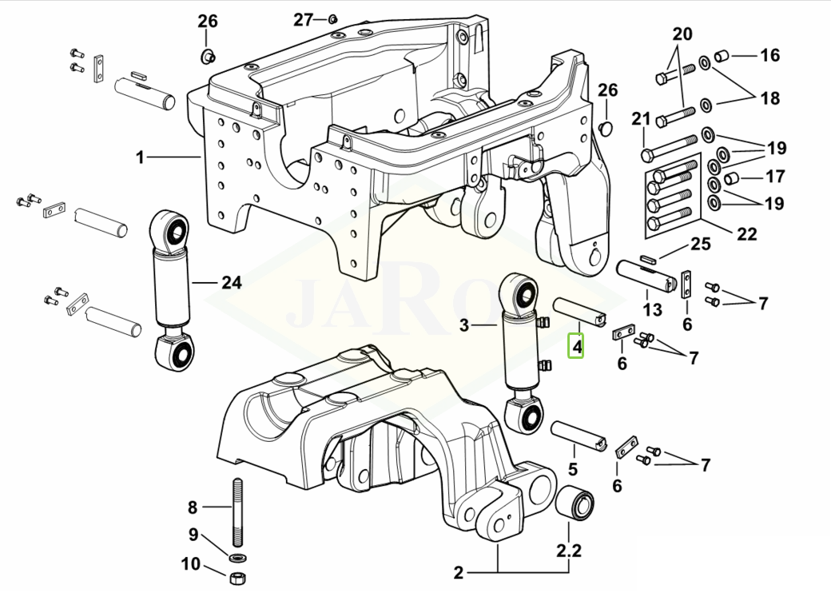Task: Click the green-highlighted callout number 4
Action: click(576, 348)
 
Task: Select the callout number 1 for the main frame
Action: click(140, 157)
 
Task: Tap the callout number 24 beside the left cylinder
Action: click(231, 282)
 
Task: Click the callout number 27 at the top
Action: click(304, 20)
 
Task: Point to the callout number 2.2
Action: click(569, 550)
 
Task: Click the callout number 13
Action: click(652, 309)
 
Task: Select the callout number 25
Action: click(700, 244)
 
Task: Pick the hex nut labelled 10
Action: click(237, 577)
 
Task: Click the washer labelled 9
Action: click(237, 556)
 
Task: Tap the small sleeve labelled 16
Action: click(720, 56)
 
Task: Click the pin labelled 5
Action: click(583, 438)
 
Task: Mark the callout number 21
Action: click(641, 120)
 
